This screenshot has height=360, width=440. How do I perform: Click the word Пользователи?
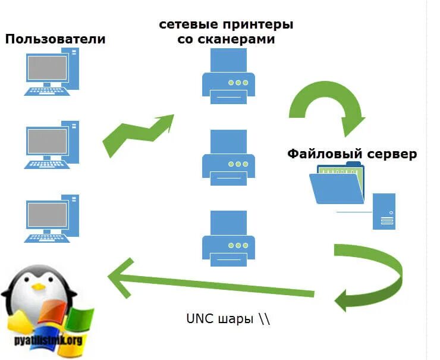pyautogui.click(x=55, y=39)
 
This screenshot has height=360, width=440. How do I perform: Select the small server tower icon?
pyautogui.click(x=384, y=211)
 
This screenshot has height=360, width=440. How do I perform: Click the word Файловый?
pyautogui.click(x=321, y=154)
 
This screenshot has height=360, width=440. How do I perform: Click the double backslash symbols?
pyautogui.click(x=264, y=318)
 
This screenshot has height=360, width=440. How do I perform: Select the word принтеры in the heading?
pyautogui.click(x=257, y=26)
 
